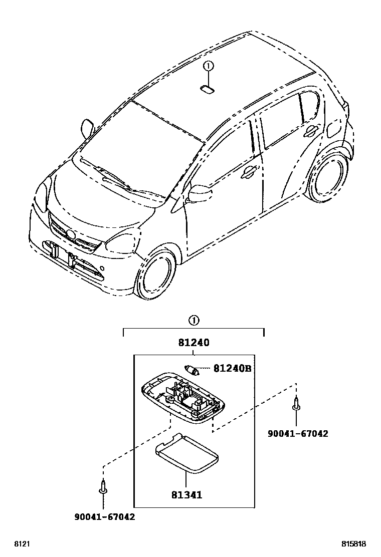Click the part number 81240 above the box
(x=193, y=343)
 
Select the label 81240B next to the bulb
(x=232, y=369)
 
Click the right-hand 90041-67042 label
(x=298, y=433)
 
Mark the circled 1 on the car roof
(x=209, y=66)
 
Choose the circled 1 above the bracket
(x=194, y=320)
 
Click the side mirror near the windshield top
(x=87, y=129)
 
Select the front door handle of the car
(x=247, y=173)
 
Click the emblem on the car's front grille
(x=69, y=234)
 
